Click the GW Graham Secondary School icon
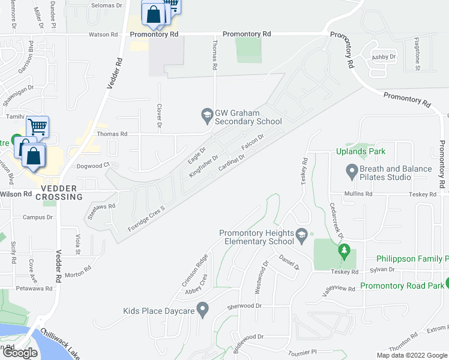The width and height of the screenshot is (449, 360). (206, 114)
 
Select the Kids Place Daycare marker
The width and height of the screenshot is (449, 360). (202, 311)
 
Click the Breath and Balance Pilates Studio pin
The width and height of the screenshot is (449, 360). (352, 173)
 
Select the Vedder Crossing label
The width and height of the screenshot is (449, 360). (59, 193)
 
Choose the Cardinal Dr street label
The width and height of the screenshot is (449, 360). (232, 162)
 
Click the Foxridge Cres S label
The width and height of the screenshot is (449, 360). (146, 220)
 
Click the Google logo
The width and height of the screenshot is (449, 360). (20, 353)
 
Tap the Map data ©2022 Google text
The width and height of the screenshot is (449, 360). (412, 355)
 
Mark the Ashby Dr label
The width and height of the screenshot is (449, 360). (384, 57)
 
